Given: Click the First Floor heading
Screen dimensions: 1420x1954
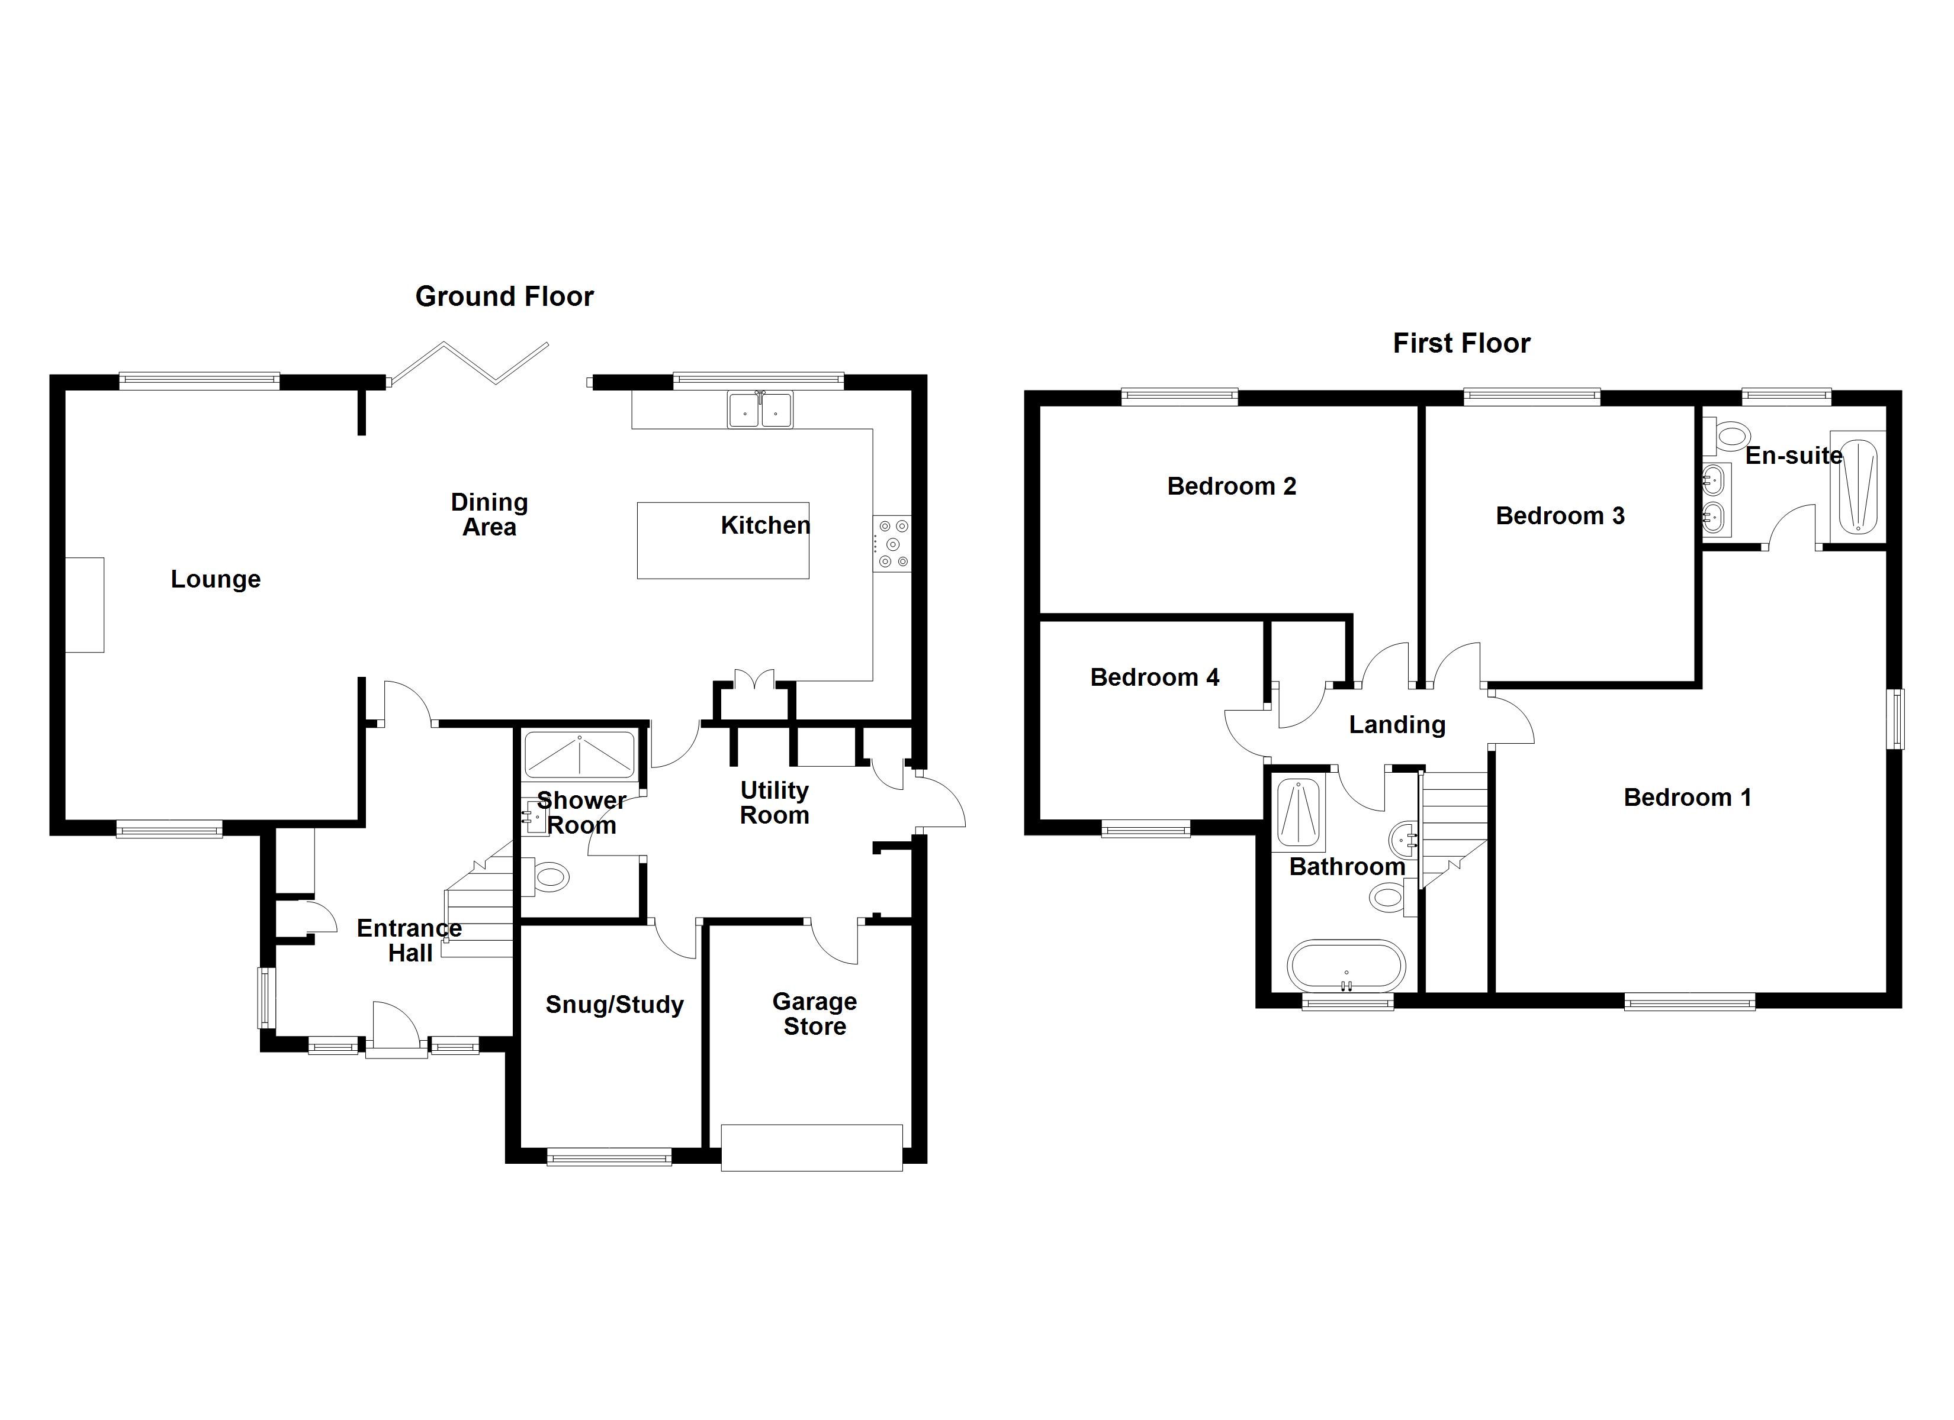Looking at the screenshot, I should [x=1461, y=344].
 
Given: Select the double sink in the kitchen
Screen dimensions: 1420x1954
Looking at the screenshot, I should [x=760, y=410].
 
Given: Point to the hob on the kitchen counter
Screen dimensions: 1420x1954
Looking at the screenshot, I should [x=892, y=543].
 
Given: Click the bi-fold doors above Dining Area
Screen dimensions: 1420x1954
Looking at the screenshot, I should [x=470, y=363].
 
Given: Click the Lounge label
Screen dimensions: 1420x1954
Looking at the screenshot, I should [x=216, y=580].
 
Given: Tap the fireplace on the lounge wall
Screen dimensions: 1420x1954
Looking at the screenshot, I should [x=85, y=605].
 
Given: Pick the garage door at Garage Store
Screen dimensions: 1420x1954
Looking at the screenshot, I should [x=812, y=1148].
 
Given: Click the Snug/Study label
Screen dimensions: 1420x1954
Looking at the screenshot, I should [x=614, y=1005].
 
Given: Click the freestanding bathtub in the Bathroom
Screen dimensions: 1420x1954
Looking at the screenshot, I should [x=1346, y=966].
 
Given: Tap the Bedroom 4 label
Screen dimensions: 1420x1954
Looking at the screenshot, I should [x=1155, y=677].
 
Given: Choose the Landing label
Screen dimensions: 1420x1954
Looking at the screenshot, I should [x=1397, y=725].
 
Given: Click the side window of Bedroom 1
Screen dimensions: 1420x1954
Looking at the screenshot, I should [x=1897, y=718].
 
